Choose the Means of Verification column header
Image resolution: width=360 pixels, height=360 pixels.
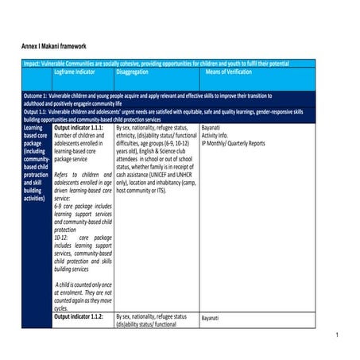point(233,72)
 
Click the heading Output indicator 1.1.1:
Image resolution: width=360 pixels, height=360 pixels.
point(79,127)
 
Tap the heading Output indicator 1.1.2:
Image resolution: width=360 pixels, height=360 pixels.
point(79,316)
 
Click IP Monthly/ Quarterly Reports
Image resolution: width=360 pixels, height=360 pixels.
point(233,143)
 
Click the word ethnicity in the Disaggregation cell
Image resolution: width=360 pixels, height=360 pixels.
point(130,135)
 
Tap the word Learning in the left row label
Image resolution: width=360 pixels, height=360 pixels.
point(34,127)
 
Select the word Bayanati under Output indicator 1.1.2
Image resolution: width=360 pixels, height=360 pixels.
point(213,318)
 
